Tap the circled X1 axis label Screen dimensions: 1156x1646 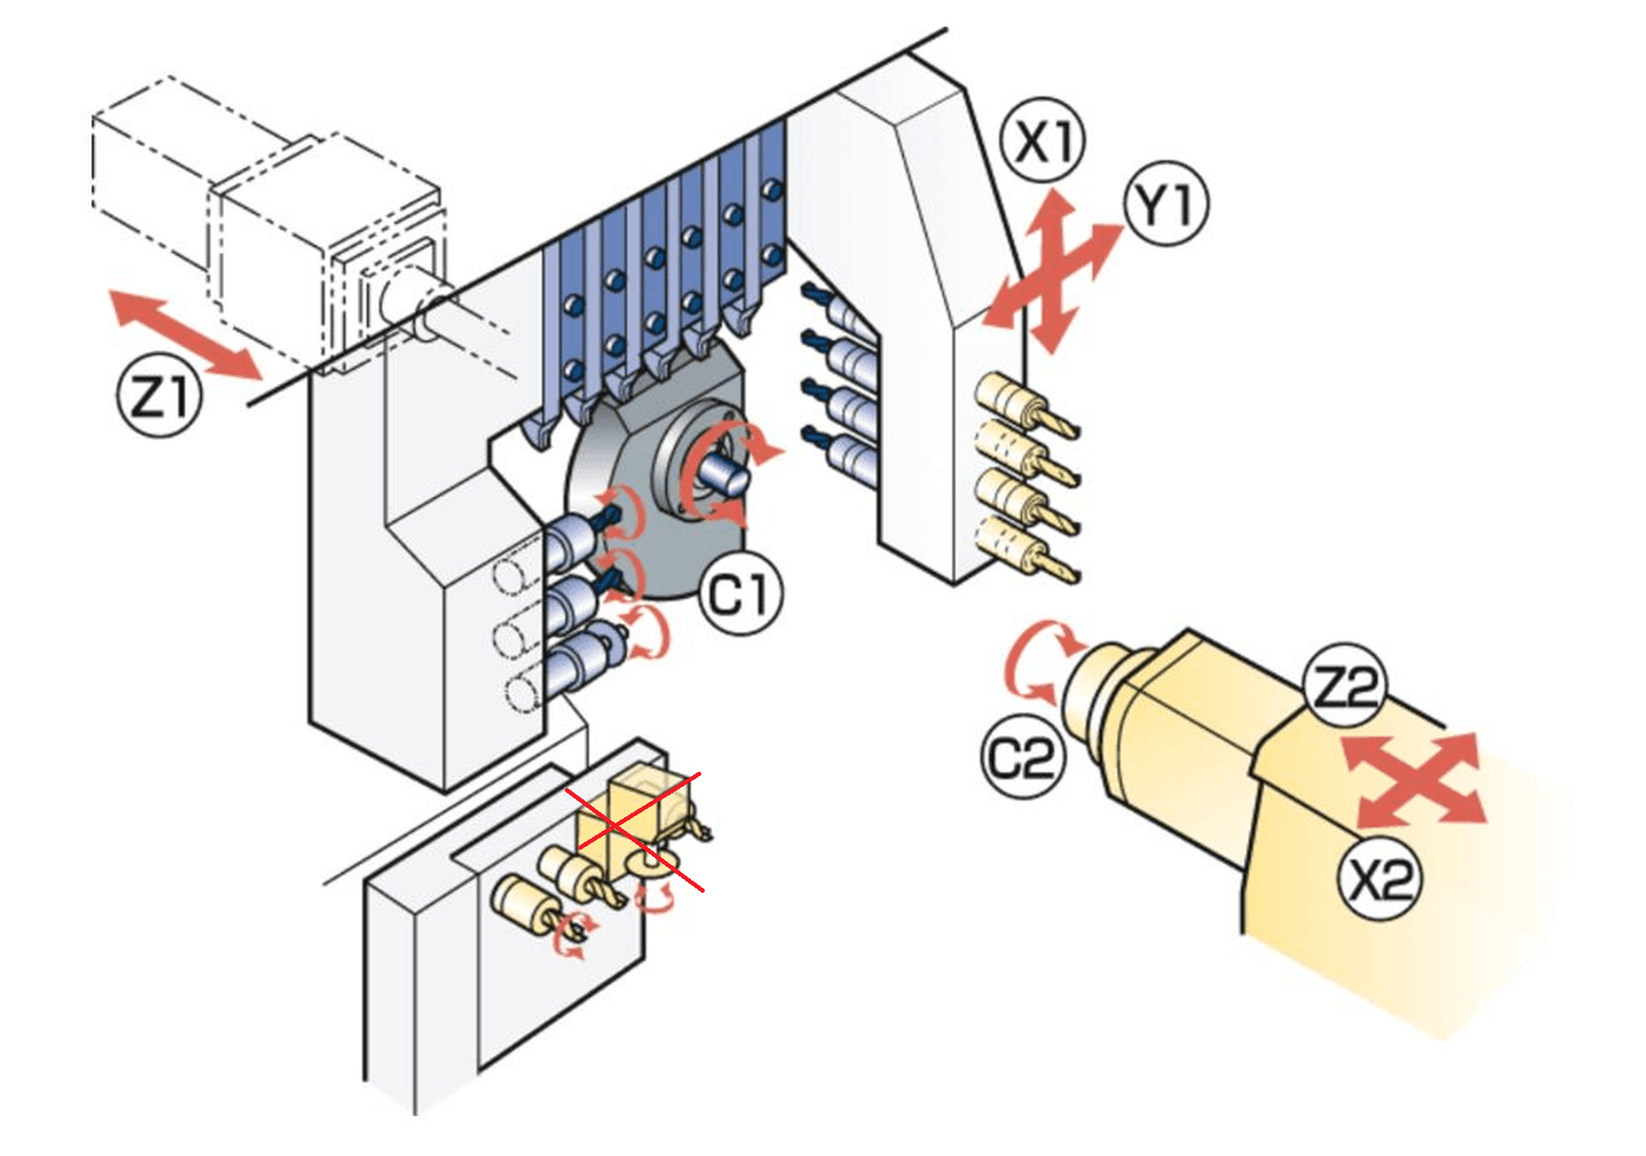[x=1043, y=141]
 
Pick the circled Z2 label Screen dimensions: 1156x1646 [x=1344, y=686]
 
